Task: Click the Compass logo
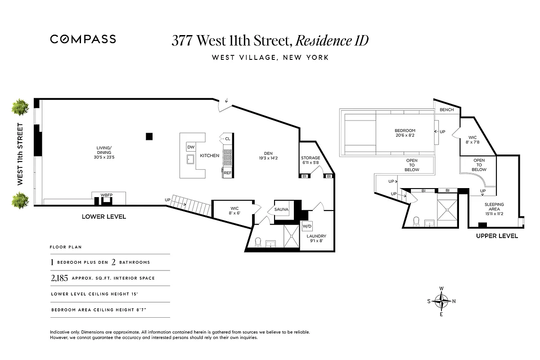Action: click(x=83, y=39)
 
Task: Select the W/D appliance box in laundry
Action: click(x=307, y=226)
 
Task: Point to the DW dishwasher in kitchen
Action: click(x=190, y=147)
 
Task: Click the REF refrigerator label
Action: click(x=228, y=173)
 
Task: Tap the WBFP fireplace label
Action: click(x=106, y=195)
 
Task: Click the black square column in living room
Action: click(x=149, y=136)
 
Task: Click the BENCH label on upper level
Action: click(x=447, y=110)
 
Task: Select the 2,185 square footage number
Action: click(x=59, y=278)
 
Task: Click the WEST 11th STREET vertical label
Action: click(x=20, y=154)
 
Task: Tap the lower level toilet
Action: click(x=258, y=243)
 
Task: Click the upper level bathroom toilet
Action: click(x=416, y=221)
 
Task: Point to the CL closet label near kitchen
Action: click(x=227, y=139)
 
